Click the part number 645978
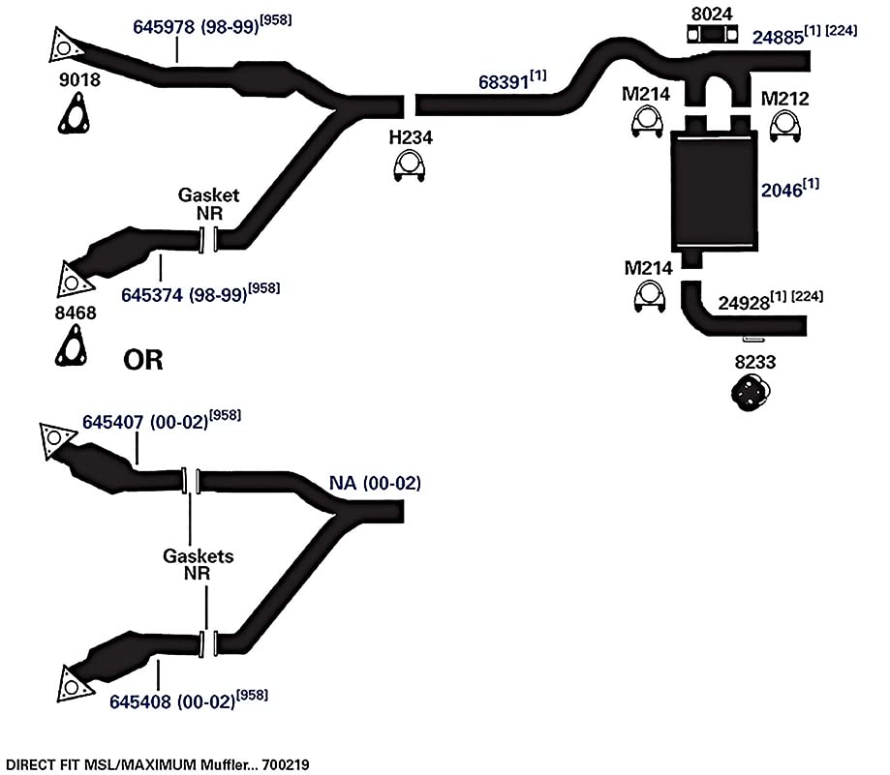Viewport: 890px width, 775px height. point(164,27)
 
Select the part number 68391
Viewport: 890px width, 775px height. point(504,82)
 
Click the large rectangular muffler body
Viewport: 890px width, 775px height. point(714,191)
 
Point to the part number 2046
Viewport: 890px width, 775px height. point(781,191)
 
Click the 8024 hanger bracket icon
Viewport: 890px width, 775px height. point(713,35)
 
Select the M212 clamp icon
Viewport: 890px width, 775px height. point(785,127)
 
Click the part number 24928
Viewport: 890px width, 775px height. point(744,303)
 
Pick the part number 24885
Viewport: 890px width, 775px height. point(779,38)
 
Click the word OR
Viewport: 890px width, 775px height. point(143,360)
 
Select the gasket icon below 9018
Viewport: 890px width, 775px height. point(74,115)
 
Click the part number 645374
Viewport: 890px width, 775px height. point(152,295)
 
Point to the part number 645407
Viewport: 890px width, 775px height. point(113,423)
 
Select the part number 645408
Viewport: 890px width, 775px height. point(140,701)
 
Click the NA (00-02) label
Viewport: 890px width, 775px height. point(375,483)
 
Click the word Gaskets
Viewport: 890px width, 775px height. point(199,555)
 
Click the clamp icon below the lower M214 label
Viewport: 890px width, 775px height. point(649,296)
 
